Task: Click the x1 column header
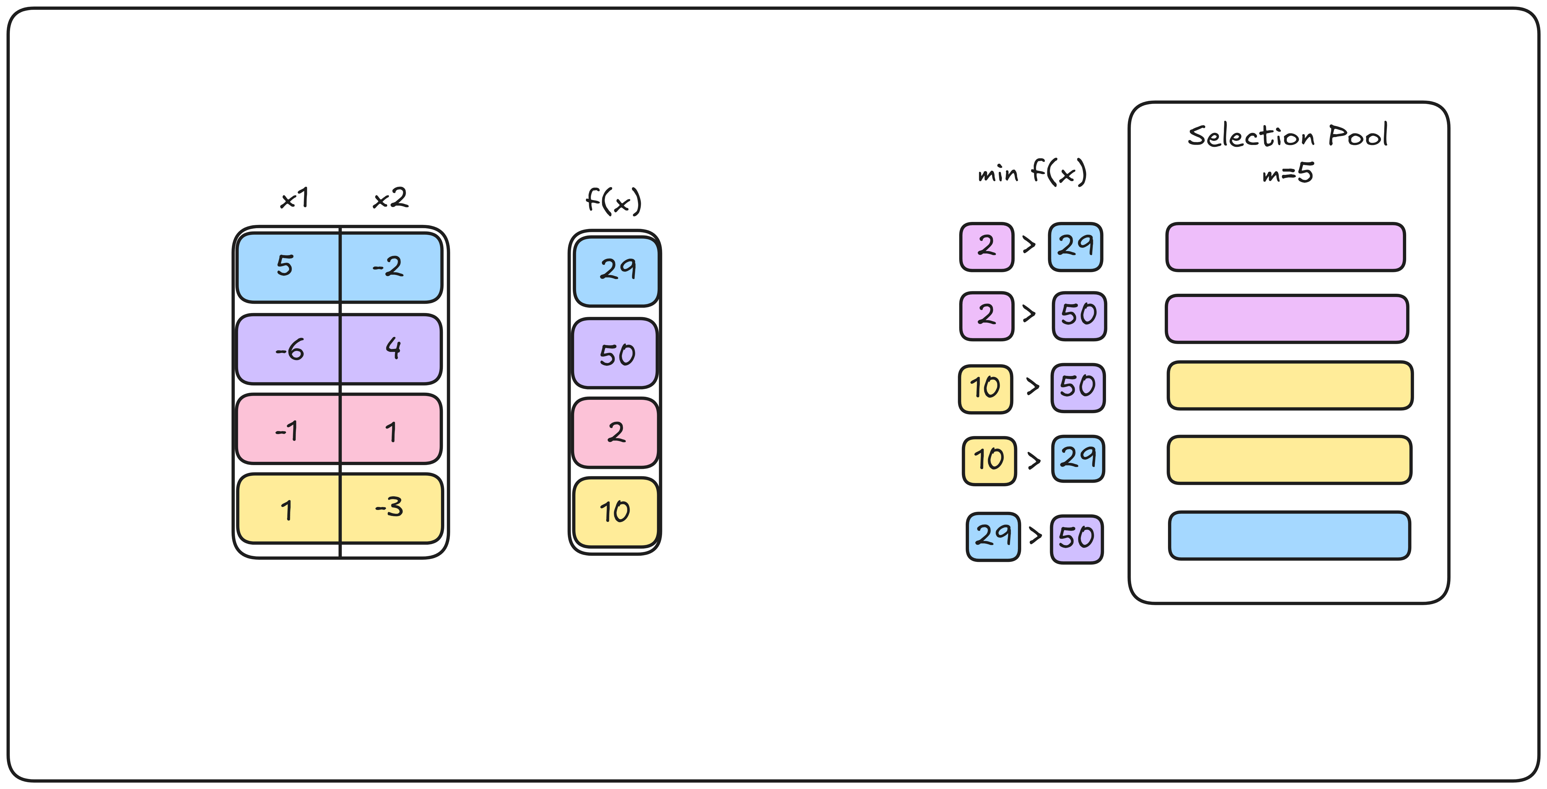click(x=294, y=198)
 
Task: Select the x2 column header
click(x=390, y=198)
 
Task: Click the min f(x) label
click(x=1032, y=172)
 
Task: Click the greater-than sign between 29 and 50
click(x=1035, y=535)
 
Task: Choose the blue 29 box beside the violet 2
click(x=1075, y=246)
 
